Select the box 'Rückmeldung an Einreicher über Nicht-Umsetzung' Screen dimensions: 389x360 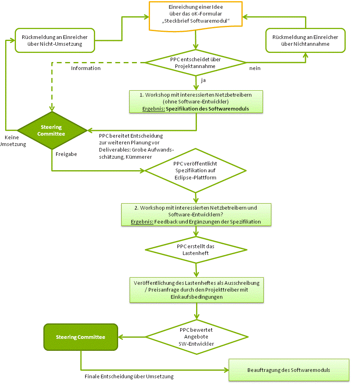55,40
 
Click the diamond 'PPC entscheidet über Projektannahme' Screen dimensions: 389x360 196,62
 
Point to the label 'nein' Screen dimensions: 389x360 255,68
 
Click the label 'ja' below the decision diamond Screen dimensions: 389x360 203,80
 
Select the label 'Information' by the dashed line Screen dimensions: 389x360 86,68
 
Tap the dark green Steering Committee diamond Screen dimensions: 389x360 52,130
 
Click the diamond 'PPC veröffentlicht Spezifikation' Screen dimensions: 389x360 196,170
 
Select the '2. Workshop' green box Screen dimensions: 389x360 196,215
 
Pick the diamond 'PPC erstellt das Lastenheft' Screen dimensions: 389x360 196,249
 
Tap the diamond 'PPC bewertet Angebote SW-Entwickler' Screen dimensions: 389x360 196,336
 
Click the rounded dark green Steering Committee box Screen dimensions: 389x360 81,337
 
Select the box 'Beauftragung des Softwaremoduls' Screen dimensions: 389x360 288,370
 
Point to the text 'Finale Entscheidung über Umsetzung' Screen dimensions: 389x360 129,376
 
